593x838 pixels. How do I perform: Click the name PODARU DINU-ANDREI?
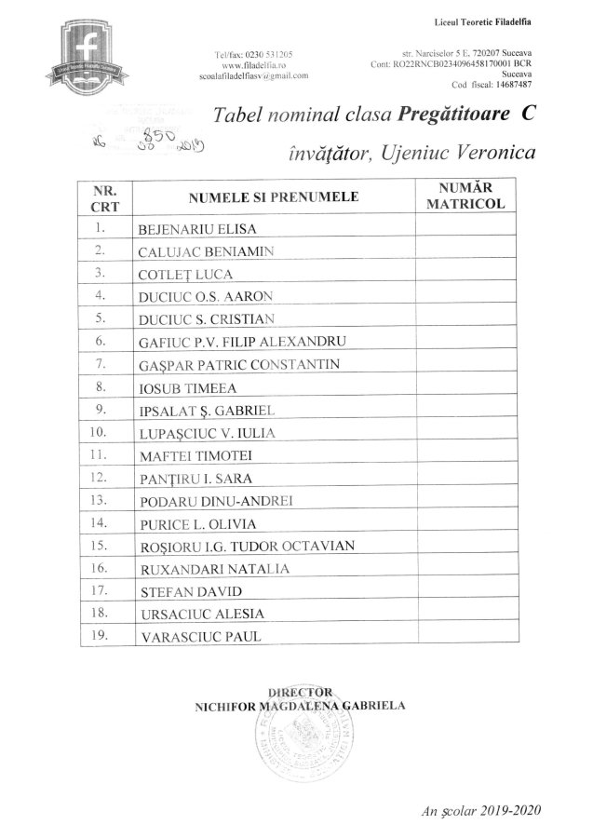(215, 500)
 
